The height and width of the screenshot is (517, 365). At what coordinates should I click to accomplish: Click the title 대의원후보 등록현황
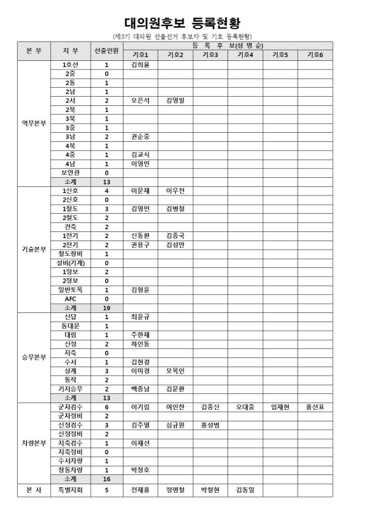point(182,23)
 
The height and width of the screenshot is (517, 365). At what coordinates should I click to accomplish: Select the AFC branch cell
point(70,299)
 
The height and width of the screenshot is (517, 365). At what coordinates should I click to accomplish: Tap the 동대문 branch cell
point(70,326)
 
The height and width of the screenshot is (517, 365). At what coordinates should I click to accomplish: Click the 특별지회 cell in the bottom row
point(70,490)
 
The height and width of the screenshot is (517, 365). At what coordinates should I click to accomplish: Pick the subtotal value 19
point(106,308)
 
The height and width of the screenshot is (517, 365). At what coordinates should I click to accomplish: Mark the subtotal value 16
point(106,479)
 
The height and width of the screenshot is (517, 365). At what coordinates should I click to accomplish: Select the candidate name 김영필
point(175,100)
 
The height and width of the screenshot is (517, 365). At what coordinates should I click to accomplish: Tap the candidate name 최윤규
point(140,317)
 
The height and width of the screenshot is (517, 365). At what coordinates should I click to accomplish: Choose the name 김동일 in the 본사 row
point(245,490)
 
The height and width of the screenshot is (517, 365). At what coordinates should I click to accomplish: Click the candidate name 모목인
point(175,370)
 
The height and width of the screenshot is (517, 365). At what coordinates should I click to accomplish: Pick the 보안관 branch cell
point(70,172)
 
